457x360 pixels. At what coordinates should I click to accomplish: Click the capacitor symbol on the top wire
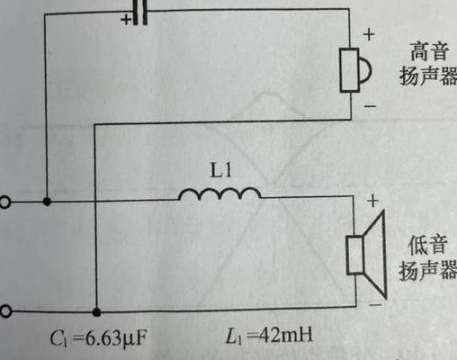tap(140, 12)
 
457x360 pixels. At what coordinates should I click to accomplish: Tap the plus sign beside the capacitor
tap(126, 20)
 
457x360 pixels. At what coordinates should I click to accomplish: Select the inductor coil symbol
tap(220, 193)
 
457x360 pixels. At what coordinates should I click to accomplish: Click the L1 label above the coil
tap(221, 170)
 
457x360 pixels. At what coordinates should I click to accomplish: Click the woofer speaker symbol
tap(366, 255)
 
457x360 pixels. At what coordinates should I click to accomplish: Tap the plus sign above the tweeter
tap(369, 34)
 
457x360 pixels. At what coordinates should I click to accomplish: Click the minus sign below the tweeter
tap(370, 106)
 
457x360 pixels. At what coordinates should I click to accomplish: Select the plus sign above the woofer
tap(372, 201)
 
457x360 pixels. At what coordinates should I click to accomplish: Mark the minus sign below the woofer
tap(375, 305)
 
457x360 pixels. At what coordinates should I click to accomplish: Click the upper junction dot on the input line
tap(47, 202)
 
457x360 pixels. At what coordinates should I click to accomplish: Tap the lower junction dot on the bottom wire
tap(96, 312)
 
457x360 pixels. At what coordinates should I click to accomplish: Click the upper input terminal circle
tap(4, 202)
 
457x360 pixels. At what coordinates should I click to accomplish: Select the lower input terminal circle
tap(5, 311)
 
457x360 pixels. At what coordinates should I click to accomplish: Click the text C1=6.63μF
tap(99, 338)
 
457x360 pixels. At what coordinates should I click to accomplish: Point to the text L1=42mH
tap(269, 335)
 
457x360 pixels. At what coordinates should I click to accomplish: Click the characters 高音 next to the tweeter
tap(429, 51)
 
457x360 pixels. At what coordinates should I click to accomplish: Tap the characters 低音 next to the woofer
tap(428, 245)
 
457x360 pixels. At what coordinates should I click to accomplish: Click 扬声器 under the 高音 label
tap(428, 76)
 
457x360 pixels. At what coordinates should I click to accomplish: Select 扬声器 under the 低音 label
tap(428, 270)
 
